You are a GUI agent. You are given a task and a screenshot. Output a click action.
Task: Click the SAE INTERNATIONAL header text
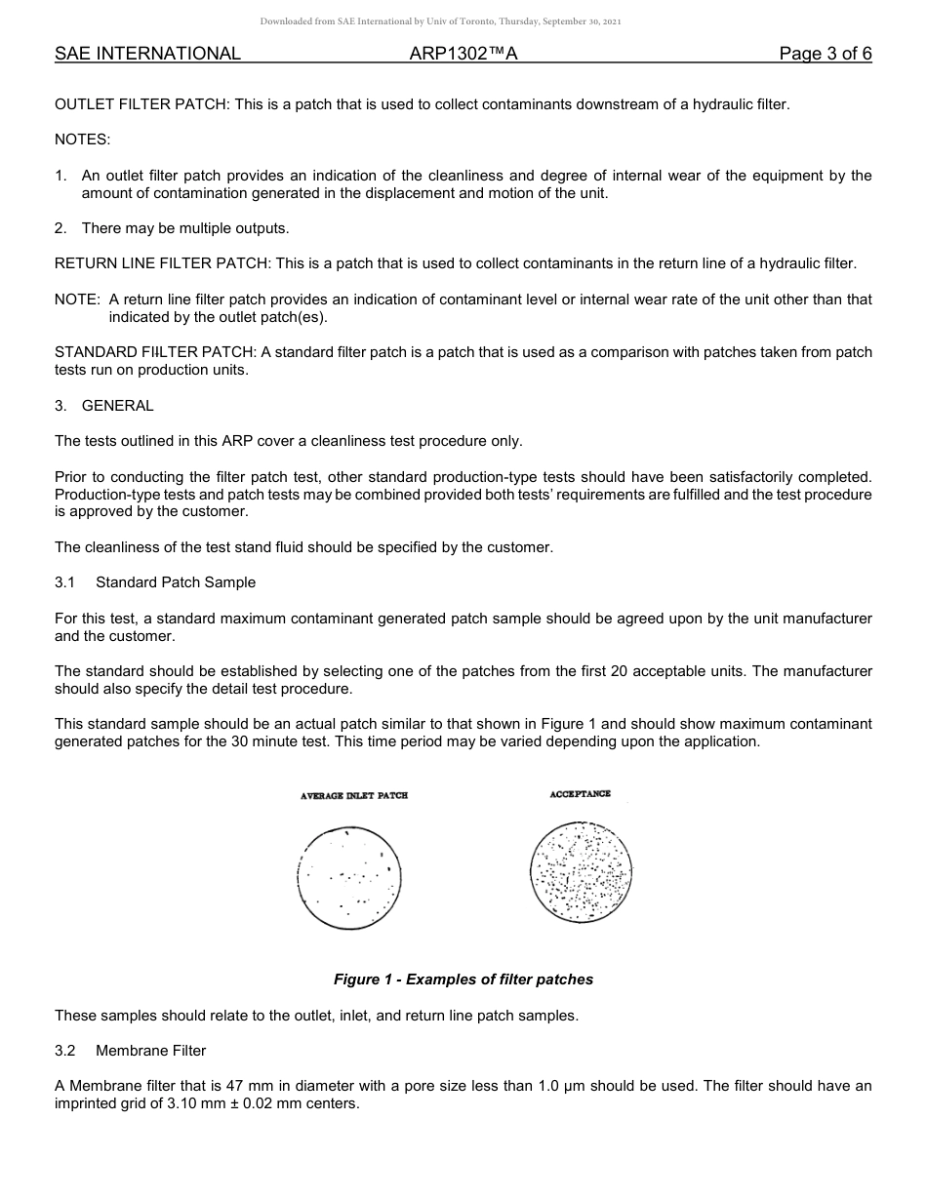tap(147, 54)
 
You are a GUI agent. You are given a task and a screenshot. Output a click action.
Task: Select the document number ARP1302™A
tap(463, 54)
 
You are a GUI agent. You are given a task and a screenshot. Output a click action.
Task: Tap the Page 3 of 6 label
tap(826, 54)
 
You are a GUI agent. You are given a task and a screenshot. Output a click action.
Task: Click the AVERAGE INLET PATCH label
tap(354, 796)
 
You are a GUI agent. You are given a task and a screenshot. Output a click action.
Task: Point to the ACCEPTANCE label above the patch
tap(581, 794)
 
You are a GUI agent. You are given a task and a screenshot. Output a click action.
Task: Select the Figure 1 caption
tap(463, 980)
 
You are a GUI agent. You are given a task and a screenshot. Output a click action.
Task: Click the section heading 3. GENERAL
tap(104, 406)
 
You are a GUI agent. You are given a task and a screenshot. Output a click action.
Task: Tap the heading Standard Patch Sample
tap(176, 582)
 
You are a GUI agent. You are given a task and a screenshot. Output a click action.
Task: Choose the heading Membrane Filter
tap(151, 1051)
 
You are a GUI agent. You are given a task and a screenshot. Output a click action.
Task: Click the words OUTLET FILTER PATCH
tap(141, 104)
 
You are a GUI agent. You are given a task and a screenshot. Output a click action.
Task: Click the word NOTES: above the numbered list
tap(83, 140)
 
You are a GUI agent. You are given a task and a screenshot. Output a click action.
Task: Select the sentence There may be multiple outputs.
tap(185, 228)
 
